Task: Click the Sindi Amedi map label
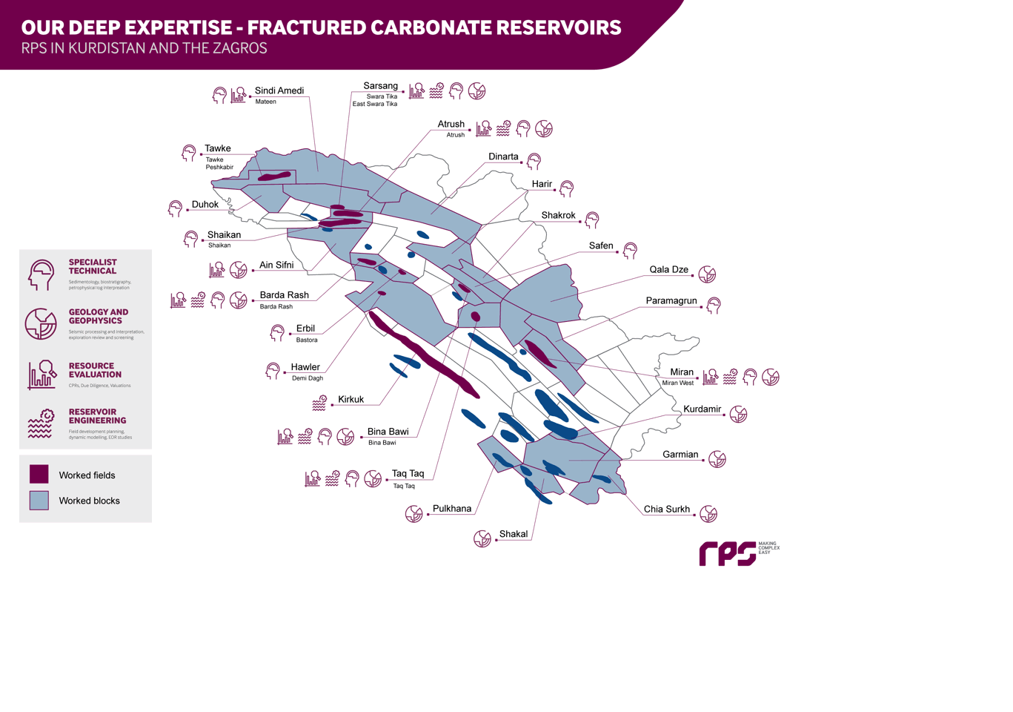pos(279,90)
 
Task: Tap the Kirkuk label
pos(351,399)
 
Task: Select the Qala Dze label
pos(668,269)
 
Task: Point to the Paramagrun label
pos(671,300)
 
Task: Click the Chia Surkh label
pos(666,509)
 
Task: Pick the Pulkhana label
pos(451,508)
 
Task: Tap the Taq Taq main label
pos(408,473)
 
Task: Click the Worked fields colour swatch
pos(39,474)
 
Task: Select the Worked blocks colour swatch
pos(39,500)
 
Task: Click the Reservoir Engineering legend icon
pos(41,423)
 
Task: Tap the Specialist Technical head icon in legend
pos(41,274)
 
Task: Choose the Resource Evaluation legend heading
pos(95,370)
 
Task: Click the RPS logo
pos(728,553)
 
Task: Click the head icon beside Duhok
pos(175,208)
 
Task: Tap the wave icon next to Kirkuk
pos(319,403)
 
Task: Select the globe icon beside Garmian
pos(717,459)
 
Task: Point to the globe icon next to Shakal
pos(482,538)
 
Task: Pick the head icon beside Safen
pos(630,251)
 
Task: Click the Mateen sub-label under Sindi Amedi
pos(265,102)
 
